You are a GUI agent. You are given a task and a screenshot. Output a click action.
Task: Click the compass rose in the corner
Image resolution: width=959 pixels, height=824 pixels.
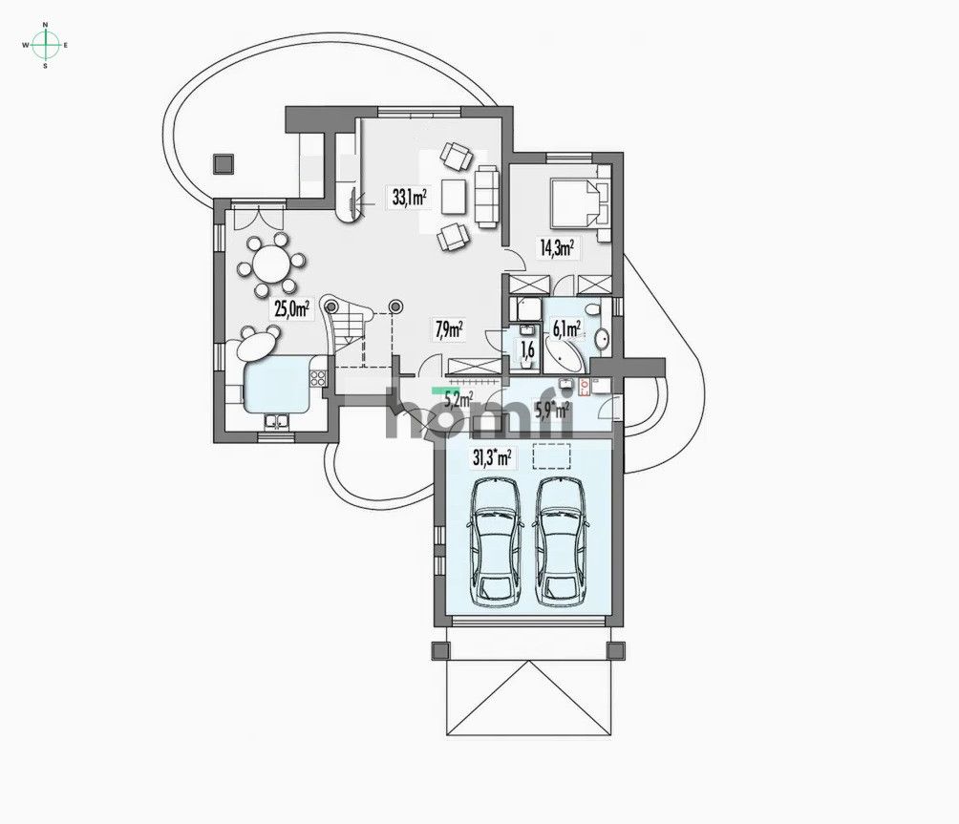pyautogui.click(x=45, y=44)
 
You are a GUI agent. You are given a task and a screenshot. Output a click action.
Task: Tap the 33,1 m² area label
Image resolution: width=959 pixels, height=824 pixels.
pyautogui.click(x=409, y=198)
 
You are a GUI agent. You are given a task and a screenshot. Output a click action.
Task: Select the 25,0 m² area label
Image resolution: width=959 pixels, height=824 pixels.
pyautogui.click(x=291, y=307)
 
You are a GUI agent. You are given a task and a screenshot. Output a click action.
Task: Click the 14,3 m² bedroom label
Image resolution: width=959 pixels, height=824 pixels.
pyautogui.click(x=557, y=248)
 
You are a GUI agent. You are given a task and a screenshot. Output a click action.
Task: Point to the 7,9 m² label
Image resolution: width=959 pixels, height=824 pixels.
pyautogui.click(x=449, y=329)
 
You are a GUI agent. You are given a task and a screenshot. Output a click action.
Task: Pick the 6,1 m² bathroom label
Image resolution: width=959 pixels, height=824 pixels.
pyautogui.click(x=566, y=329)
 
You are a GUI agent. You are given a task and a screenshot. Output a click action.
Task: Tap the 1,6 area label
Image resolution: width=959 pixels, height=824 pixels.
pyautogui.click(x=525, y=349)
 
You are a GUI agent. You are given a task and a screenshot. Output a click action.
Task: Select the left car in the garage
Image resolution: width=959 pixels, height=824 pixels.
pyautogui.click(x=498, y=540)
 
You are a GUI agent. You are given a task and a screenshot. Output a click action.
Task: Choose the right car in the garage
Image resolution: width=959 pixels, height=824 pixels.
pyautogui.click(x=561, y=540)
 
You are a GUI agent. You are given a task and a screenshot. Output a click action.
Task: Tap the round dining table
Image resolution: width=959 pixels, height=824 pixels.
pyautogui.click(x=273, y=261)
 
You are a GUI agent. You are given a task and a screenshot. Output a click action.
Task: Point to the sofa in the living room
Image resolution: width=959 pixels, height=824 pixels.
pyautogui.click(x=487, y=195)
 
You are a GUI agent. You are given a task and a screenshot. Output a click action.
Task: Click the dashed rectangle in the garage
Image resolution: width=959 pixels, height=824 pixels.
pyautogui.click(x=550, y=457)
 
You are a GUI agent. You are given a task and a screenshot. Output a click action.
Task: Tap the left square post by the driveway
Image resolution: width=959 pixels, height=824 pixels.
pyautogui.click(x=440, y=651)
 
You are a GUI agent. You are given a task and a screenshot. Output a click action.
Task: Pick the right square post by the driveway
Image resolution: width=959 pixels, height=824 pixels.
pyautogui.click(x=618, y=651)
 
